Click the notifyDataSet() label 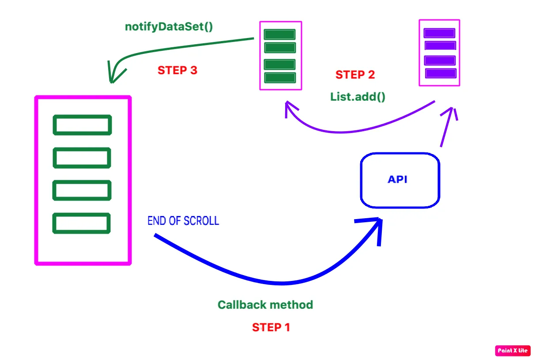[x=169, y=27]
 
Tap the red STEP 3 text [x=177, y=71]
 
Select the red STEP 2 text [x=355, y=75]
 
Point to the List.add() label [x=358, y=97]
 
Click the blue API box [x=400, y=180]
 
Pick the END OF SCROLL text [x=183, y=221]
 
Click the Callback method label [x=265, y=305]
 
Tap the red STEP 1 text [x=271, y=327]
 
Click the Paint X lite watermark [x=512, y=351]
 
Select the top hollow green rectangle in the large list [x=82, y=125]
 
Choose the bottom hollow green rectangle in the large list [x=82, y=223]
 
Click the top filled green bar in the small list [x=279, y=34]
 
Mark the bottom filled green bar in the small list [x=279, y=78]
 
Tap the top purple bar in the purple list [x=439, y=33]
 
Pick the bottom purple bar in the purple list [x=441, y=73]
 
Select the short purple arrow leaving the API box [x=447, y=128]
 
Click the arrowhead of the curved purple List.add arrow [x=289, y=108]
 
